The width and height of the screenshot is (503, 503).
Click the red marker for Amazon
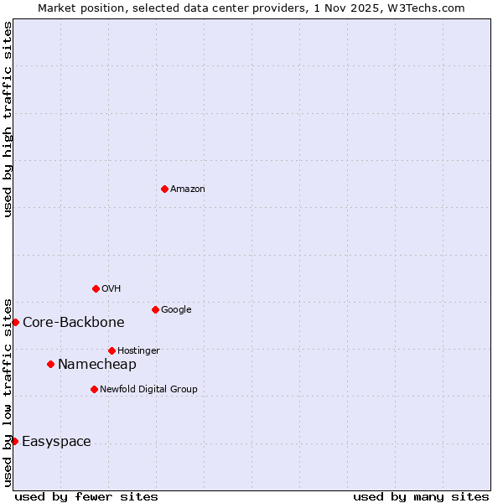164,189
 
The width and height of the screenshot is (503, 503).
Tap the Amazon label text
188,189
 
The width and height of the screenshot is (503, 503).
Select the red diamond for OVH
96,288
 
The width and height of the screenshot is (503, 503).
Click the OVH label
111,289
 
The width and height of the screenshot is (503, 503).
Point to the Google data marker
155,309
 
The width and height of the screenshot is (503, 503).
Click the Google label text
176,310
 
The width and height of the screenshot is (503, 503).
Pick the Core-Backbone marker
15,322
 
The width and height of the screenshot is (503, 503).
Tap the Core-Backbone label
74,323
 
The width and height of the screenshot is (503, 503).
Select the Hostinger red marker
111,350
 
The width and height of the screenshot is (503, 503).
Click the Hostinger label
138,351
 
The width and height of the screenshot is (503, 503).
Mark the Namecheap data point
50,364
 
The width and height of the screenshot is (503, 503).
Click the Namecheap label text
96,365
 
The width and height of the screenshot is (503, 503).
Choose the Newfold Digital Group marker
94,389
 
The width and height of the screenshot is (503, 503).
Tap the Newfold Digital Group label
148,390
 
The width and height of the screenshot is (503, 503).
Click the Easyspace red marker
14,441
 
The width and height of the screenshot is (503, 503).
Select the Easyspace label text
56,442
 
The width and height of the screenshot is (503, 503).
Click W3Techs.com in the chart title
433,8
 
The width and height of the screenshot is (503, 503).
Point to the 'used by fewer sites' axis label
86,496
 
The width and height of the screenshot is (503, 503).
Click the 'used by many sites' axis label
421,496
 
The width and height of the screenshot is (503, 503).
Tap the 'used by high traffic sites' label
8,119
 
